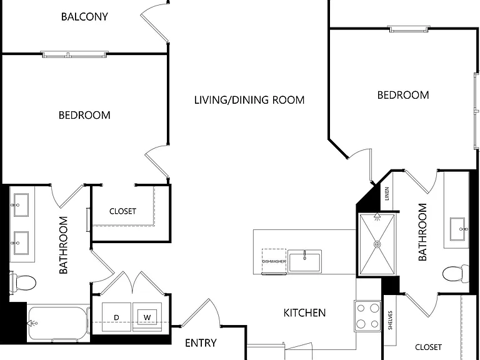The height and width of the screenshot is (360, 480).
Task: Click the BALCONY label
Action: (84, 16)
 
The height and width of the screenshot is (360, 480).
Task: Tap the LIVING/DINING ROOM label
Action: (249, 100)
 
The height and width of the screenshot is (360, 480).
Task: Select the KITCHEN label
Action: (304, 313)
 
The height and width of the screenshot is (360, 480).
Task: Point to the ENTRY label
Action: (201, 343)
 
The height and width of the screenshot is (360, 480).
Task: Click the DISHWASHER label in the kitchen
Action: (274, 261)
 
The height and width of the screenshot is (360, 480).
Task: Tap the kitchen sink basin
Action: (304, 261)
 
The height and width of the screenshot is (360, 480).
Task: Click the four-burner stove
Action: (367, 316)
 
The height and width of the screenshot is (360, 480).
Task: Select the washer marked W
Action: (147, 317)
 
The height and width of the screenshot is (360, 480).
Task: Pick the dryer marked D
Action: (116, 317)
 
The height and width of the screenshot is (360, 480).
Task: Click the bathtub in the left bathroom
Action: (58, 324)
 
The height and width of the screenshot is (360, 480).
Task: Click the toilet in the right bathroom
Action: (456, 273)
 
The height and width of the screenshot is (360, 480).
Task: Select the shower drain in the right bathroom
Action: (377, 244)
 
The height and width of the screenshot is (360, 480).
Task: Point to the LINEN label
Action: (387, 194)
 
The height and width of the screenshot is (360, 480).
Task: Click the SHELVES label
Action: (390, 320)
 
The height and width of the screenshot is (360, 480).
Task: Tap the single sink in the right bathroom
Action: (457, 229)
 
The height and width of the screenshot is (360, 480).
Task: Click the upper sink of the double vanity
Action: (20, 205)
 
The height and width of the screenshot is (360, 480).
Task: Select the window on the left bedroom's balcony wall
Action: (74, 54)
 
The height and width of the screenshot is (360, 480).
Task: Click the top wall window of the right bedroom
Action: (409, 29)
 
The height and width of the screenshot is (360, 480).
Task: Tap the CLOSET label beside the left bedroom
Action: (122, 211)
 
